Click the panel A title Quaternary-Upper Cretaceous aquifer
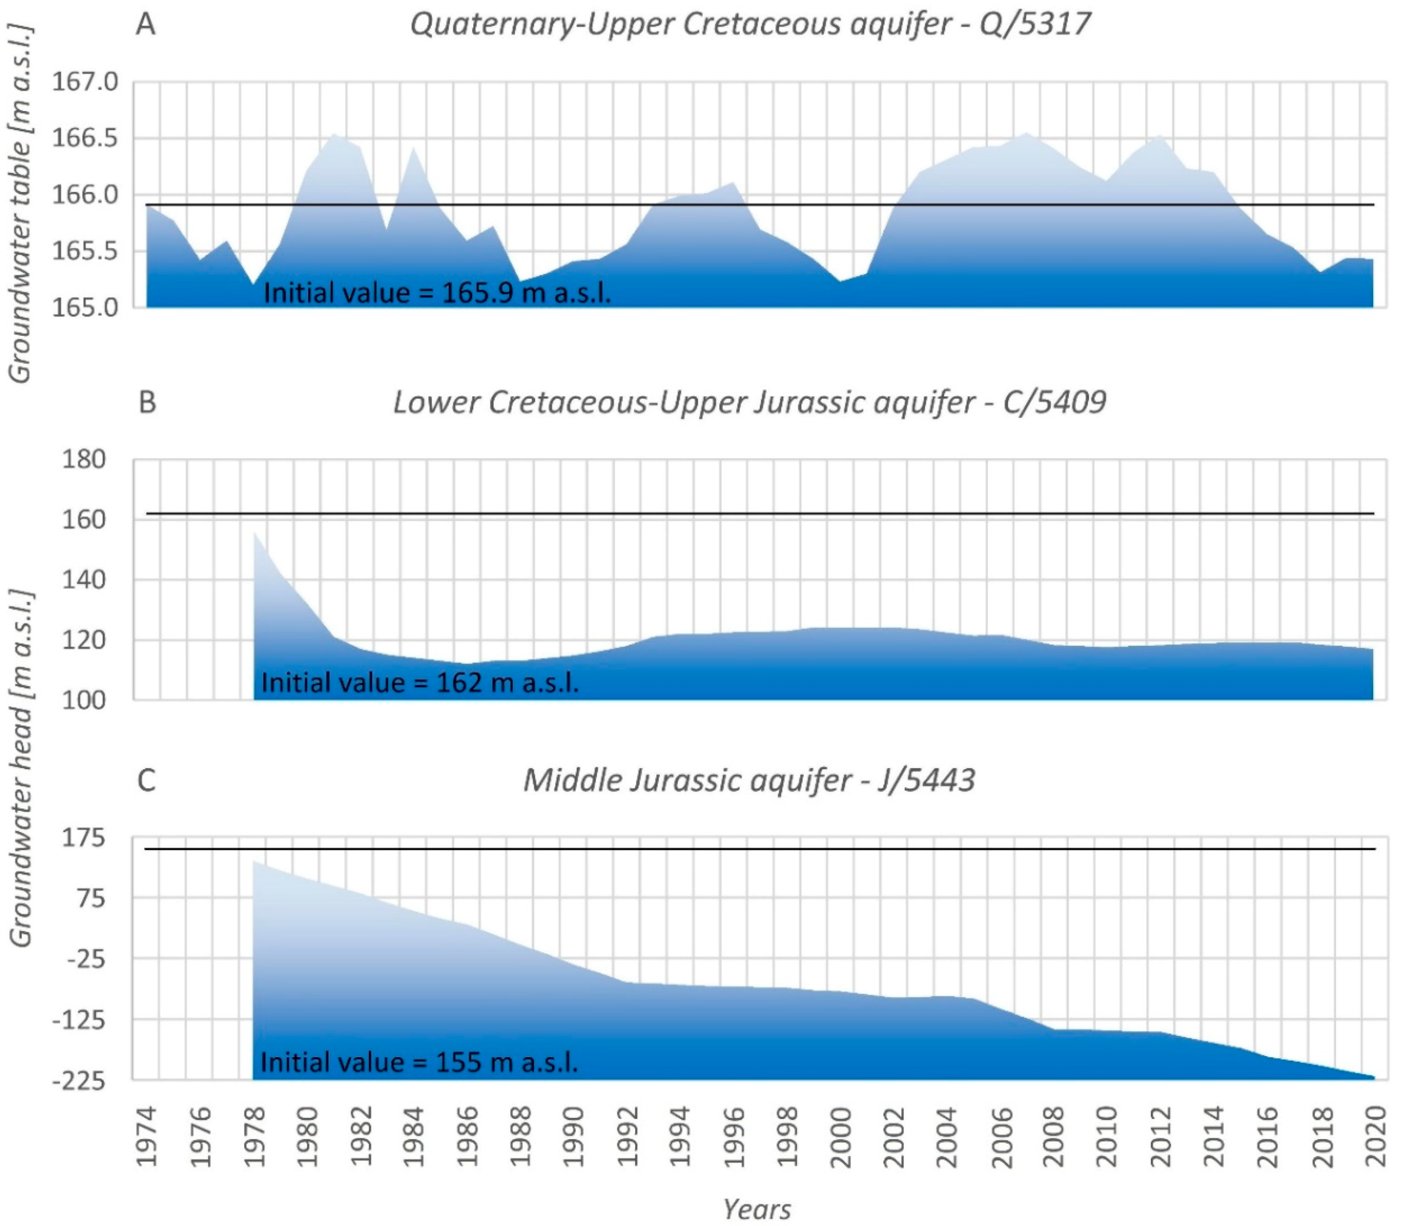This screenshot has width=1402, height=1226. click(x=750, y=25)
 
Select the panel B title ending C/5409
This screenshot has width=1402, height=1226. click(x=750, y=402)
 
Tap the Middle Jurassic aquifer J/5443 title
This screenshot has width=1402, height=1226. click(x=750, y=780)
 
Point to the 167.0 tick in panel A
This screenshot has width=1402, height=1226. click(x=85, y=82)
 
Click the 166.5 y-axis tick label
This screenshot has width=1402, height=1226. click(x=85, y=139)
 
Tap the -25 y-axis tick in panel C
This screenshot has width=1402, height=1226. click(x=85, y=959)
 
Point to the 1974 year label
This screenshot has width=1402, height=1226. click(x=146, y=1137)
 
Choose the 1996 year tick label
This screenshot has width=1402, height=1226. click(x=733, y=1137)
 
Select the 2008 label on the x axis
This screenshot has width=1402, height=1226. click(x=1054, y=1137)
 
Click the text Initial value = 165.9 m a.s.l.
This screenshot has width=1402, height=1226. click(x=436, y=293)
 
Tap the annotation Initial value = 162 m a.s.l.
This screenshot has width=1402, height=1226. click(x=419, y=682)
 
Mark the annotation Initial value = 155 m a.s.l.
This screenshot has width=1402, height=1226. click(x=419, y=1062)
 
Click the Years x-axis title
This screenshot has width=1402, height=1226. click(x=757, y=1210)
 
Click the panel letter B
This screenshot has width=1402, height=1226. click(x=146, y=402)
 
